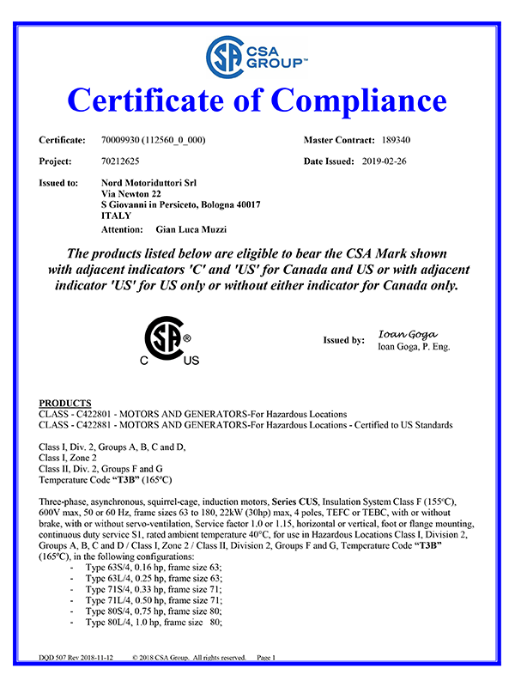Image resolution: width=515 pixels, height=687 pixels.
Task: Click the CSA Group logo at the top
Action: click(x=257, y=54)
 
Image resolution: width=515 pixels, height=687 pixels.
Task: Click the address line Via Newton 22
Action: click(x=130, y=194)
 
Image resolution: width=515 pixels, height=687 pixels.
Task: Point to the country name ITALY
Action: click(x=115, y=216)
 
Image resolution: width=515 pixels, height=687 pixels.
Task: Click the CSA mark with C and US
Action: click(x=168, y=341)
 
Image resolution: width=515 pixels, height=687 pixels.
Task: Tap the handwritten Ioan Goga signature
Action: click(x=408, y=334)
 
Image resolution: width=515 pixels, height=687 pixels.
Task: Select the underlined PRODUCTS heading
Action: click(x=65, y=403)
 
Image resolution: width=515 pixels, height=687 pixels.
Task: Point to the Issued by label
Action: click(x=343, y=340)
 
